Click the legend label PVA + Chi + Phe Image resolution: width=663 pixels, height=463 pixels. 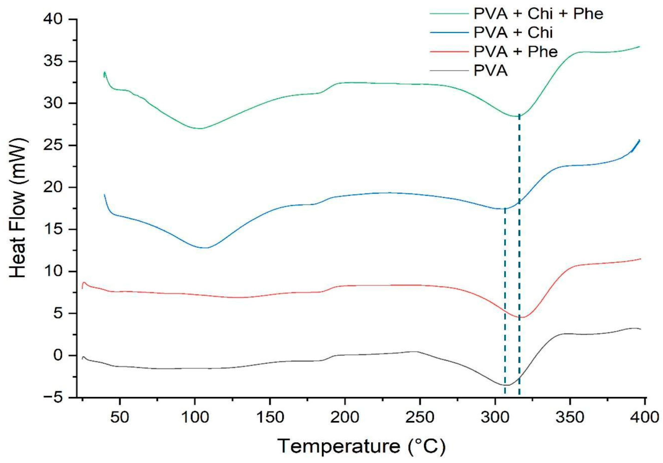pos(538,14)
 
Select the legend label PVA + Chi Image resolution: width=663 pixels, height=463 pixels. pos(513,33)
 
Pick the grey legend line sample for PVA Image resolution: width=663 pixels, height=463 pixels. pos(449,71)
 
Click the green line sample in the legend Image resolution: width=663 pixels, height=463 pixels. pos(449,14)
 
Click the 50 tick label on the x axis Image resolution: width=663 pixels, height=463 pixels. pos(119,417)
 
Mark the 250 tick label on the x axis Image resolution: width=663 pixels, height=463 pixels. pos(420,417)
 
